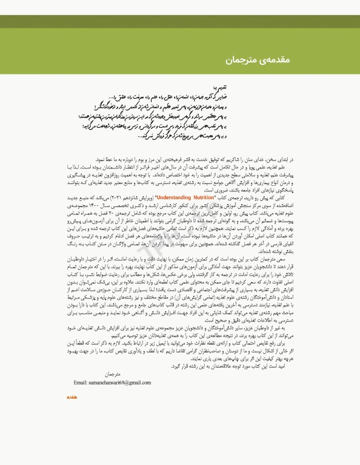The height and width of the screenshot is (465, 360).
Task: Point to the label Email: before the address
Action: pyautogui.click(x=82, y=383)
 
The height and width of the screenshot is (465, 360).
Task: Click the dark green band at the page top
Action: pyautogui.click(x=180, y=22)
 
